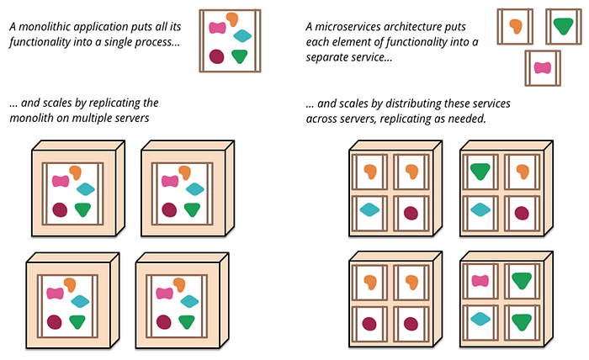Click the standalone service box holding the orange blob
click(515, 26)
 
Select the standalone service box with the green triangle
click(563, 26)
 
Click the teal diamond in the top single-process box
click(242, 35)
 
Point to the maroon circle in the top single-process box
click(216, 56)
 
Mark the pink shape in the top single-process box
click(218, 28)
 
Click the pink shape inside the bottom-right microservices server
click(481, 282)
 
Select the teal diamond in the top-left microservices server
click(369, 210)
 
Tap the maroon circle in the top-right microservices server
click(522, 212)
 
